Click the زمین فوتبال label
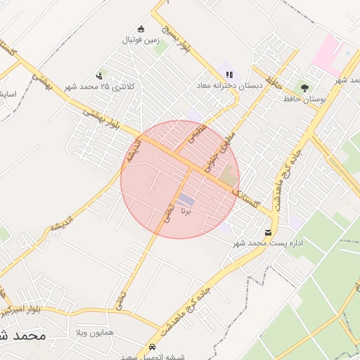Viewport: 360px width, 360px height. pyautogui.click(x=142, y=40)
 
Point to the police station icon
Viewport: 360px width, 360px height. pyautogui.click(x=99, y=75)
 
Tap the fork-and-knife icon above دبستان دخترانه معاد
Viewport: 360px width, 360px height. pyautogui.click(x=229, y=75)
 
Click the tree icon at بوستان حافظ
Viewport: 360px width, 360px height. pyautogui.click(x=304, y=89)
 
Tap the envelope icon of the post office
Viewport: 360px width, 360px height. pyautogui.click(x=269, y=232)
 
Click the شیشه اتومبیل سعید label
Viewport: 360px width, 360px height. pyautogui.click(x=152, y=357)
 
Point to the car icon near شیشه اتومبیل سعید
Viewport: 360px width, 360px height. pyautogui.click(x=153, y=347)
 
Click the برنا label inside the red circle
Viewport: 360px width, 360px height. pyautogui.click(x=186, y=210)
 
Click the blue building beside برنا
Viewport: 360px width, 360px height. pyautogui.click(x=186, y=199)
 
